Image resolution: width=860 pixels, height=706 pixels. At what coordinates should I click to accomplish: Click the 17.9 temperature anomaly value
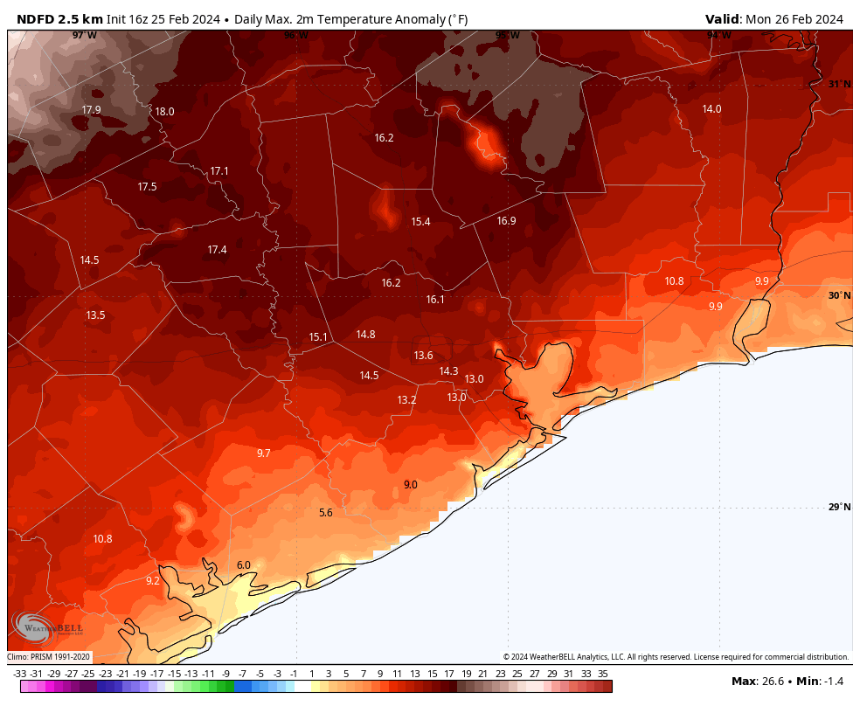(91, 110)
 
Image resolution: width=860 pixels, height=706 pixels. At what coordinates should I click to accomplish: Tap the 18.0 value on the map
(164, 112)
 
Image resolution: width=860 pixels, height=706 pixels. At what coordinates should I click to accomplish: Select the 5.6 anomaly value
(326, 513)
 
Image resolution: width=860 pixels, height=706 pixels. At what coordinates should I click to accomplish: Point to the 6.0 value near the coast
(244, 565)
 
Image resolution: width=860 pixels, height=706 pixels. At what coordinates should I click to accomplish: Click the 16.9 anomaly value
(506, 221)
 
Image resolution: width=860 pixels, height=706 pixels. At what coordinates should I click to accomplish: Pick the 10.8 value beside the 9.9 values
(674, 281)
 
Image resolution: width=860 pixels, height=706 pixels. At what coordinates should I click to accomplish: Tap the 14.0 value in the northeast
(712, 109)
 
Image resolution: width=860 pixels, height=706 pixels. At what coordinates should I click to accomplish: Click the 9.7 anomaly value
(264, 453)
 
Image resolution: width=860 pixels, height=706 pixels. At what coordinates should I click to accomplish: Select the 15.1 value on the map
(318, 337)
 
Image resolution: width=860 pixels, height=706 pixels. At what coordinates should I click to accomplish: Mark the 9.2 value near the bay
(153, 581)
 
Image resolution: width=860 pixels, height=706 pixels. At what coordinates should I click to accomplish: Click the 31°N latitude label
(838, 84)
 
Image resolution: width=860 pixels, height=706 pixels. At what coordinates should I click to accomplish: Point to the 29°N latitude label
(838, 508)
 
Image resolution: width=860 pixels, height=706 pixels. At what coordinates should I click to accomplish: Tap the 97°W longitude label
(84, 35)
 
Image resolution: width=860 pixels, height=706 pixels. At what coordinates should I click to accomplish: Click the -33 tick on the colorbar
(19, 674)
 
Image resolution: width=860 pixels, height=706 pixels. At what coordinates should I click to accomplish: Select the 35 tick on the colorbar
(603, 674)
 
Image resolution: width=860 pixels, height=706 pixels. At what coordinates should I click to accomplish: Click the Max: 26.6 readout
(756, 681)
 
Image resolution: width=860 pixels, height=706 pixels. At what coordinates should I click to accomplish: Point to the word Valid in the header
(722, 19)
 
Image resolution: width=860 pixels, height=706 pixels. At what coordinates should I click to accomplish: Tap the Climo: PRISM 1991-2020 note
(49, 657)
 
